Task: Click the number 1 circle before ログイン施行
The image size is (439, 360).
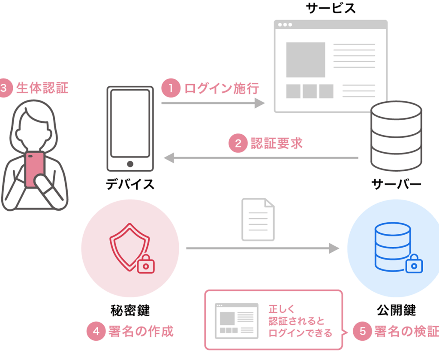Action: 171,88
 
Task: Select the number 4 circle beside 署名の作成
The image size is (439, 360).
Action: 96,331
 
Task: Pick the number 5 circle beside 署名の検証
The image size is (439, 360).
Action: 362,331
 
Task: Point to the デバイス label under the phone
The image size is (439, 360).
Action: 130,184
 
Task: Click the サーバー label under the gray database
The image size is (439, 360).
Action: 396,184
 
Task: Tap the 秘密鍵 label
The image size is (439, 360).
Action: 130,310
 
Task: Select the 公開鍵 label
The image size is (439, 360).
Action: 397,310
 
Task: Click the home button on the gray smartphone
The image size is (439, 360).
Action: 130,164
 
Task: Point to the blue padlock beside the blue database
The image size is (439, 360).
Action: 414,263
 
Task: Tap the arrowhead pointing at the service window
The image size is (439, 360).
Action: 260,103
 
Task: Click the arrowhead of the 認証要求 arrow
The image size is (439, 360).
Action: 170,158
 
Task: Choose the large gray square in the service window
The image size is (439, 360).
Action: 306,59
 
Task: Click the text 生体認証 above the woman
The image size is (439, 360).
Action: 42,88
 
